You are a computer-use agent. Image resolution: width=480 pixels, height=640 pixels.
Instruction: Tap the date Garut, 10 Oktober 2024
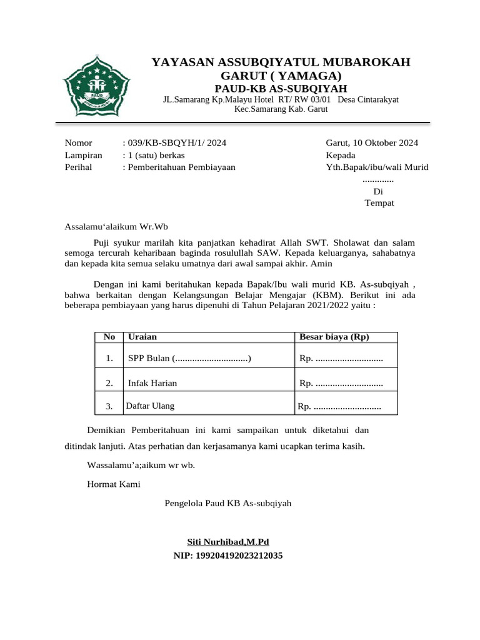372,143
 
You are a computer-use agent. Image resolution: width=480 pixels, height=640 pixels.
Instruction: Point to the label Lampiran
83,155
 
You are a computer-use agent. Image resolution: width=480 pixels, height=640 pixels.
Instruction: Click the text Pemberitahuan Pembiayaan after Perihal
181,167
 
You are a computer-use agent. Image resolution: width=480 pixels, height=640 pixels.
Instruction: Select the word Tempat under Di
379,203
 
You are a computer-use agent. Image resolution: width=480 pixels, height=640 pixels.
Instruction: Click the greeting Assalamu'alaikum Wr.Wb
117,227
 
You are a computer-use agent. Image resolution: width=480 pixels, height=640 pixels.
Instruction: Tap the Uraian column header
142,337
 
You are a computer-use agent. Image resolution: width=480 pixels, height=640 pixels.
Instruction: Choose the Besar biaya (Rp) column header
334,337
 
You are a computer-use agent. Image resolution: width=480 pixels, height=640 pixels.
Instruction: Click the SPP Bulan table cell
189,358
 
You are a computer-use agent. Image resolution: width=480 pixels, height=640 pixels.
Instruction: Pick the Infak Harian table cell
152,383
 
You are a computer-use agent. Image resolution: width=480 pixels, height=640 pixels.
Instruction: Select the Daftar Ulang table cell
150,406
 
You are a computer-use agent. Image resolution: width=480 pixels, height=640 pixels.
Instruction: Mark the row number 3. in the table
109,406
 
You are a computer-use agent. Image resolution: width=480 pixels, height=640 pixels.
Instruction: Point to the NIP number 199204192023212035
228,554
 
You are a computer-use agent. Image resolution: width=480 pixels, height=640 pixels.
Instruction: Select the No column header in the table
109,337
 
